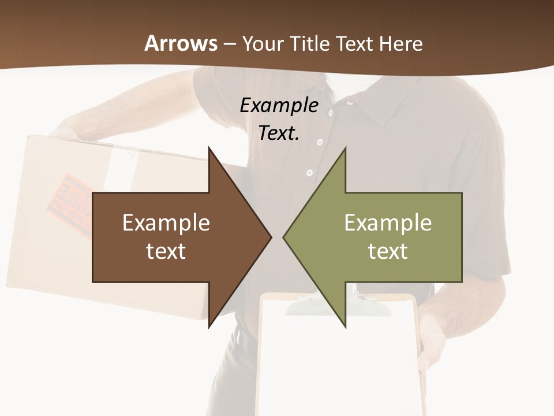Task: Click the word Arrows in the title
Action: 181,43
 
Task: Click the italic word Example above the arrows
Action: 279,105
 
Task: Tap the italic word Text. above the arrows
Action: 279,133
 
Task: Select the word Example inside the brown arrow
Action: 166,223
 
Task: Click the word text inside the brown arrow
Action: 166,251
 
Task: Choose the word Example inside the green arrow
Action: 388,223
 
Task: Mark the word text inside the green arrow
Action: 388,251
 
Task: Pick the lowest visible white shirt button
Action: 309,172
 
